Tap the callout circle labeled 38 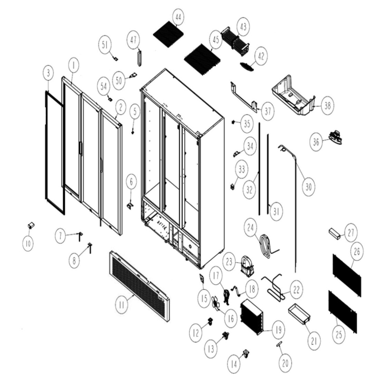tap(327, 106)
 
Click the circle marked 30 tap(308, 187)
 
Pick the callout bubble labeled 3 tap(49, 73)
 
